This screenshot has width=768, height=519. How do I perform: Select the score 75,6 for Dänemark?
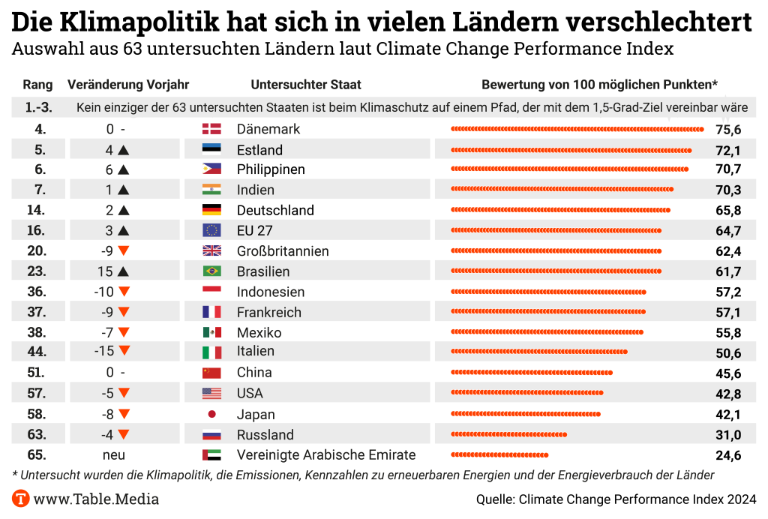pyautogui.click(x=728, y=129)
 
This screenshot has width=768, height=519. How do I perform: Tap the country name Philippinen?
pyautogui.click(x=271, y=169)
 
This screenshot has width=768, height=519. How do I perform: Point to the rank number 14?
pyautogui.click(x=36, y=210)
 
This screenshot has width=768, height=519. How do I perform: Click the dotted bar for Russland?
pyautogui.click(x=508, y=435)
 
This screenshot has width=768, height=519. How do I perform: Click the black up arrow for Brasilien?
pyautogui.click(x=124, y=271)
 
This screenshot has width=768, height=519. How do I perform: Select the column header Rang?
pyautogui.click(x=37, y=85)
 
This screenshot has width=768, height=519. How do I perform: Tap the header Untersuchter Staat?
pyautogui.click(x=306, y=85)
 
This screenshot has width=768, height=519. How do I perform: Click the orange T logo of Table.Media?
pyautogui.click(x=21, y=499)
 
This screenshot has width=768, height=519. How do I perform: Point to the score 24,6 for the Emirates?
pyautogui.click(x=728, y=455)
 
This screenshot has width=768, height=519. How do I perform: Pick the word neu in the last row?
pyautogui.click(x=114, y=455)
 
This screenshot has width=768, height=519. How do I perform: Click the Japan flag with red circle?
pyautogui.click(x=211, y=414)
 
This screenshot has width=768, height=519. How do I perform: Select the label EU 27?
pyautogui.click(x=254, y=230)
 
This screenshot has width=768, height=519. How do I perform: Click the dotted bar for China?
pyautogui.click(x=532, y=373)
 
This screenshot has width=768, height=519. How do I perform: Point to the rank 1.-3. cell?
pyautogui.click(x=38, y=108)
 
